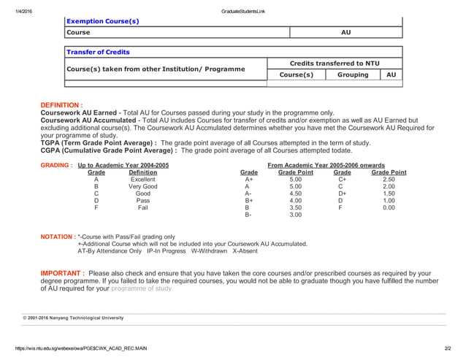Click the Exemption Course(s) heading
(102, 21)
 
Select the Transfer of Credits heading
(98, 53)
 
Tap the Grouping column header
(353, 74)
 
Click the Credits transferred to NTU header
(335, 64)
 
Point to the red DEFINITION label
(61, 105)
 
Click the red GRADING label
(56, 166)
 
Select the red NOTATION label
(58, 237)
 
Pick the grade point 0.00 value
(389, 207)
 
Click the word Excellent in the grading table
(142, 180)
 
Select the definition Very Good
(142, 187)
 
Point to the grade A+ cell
(249, 180)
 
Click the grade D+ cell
(342, 194)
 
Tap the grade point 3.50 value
(296, 207)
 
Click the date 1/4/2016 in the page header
(14, 6)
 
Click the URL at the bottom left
(75, 348)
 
